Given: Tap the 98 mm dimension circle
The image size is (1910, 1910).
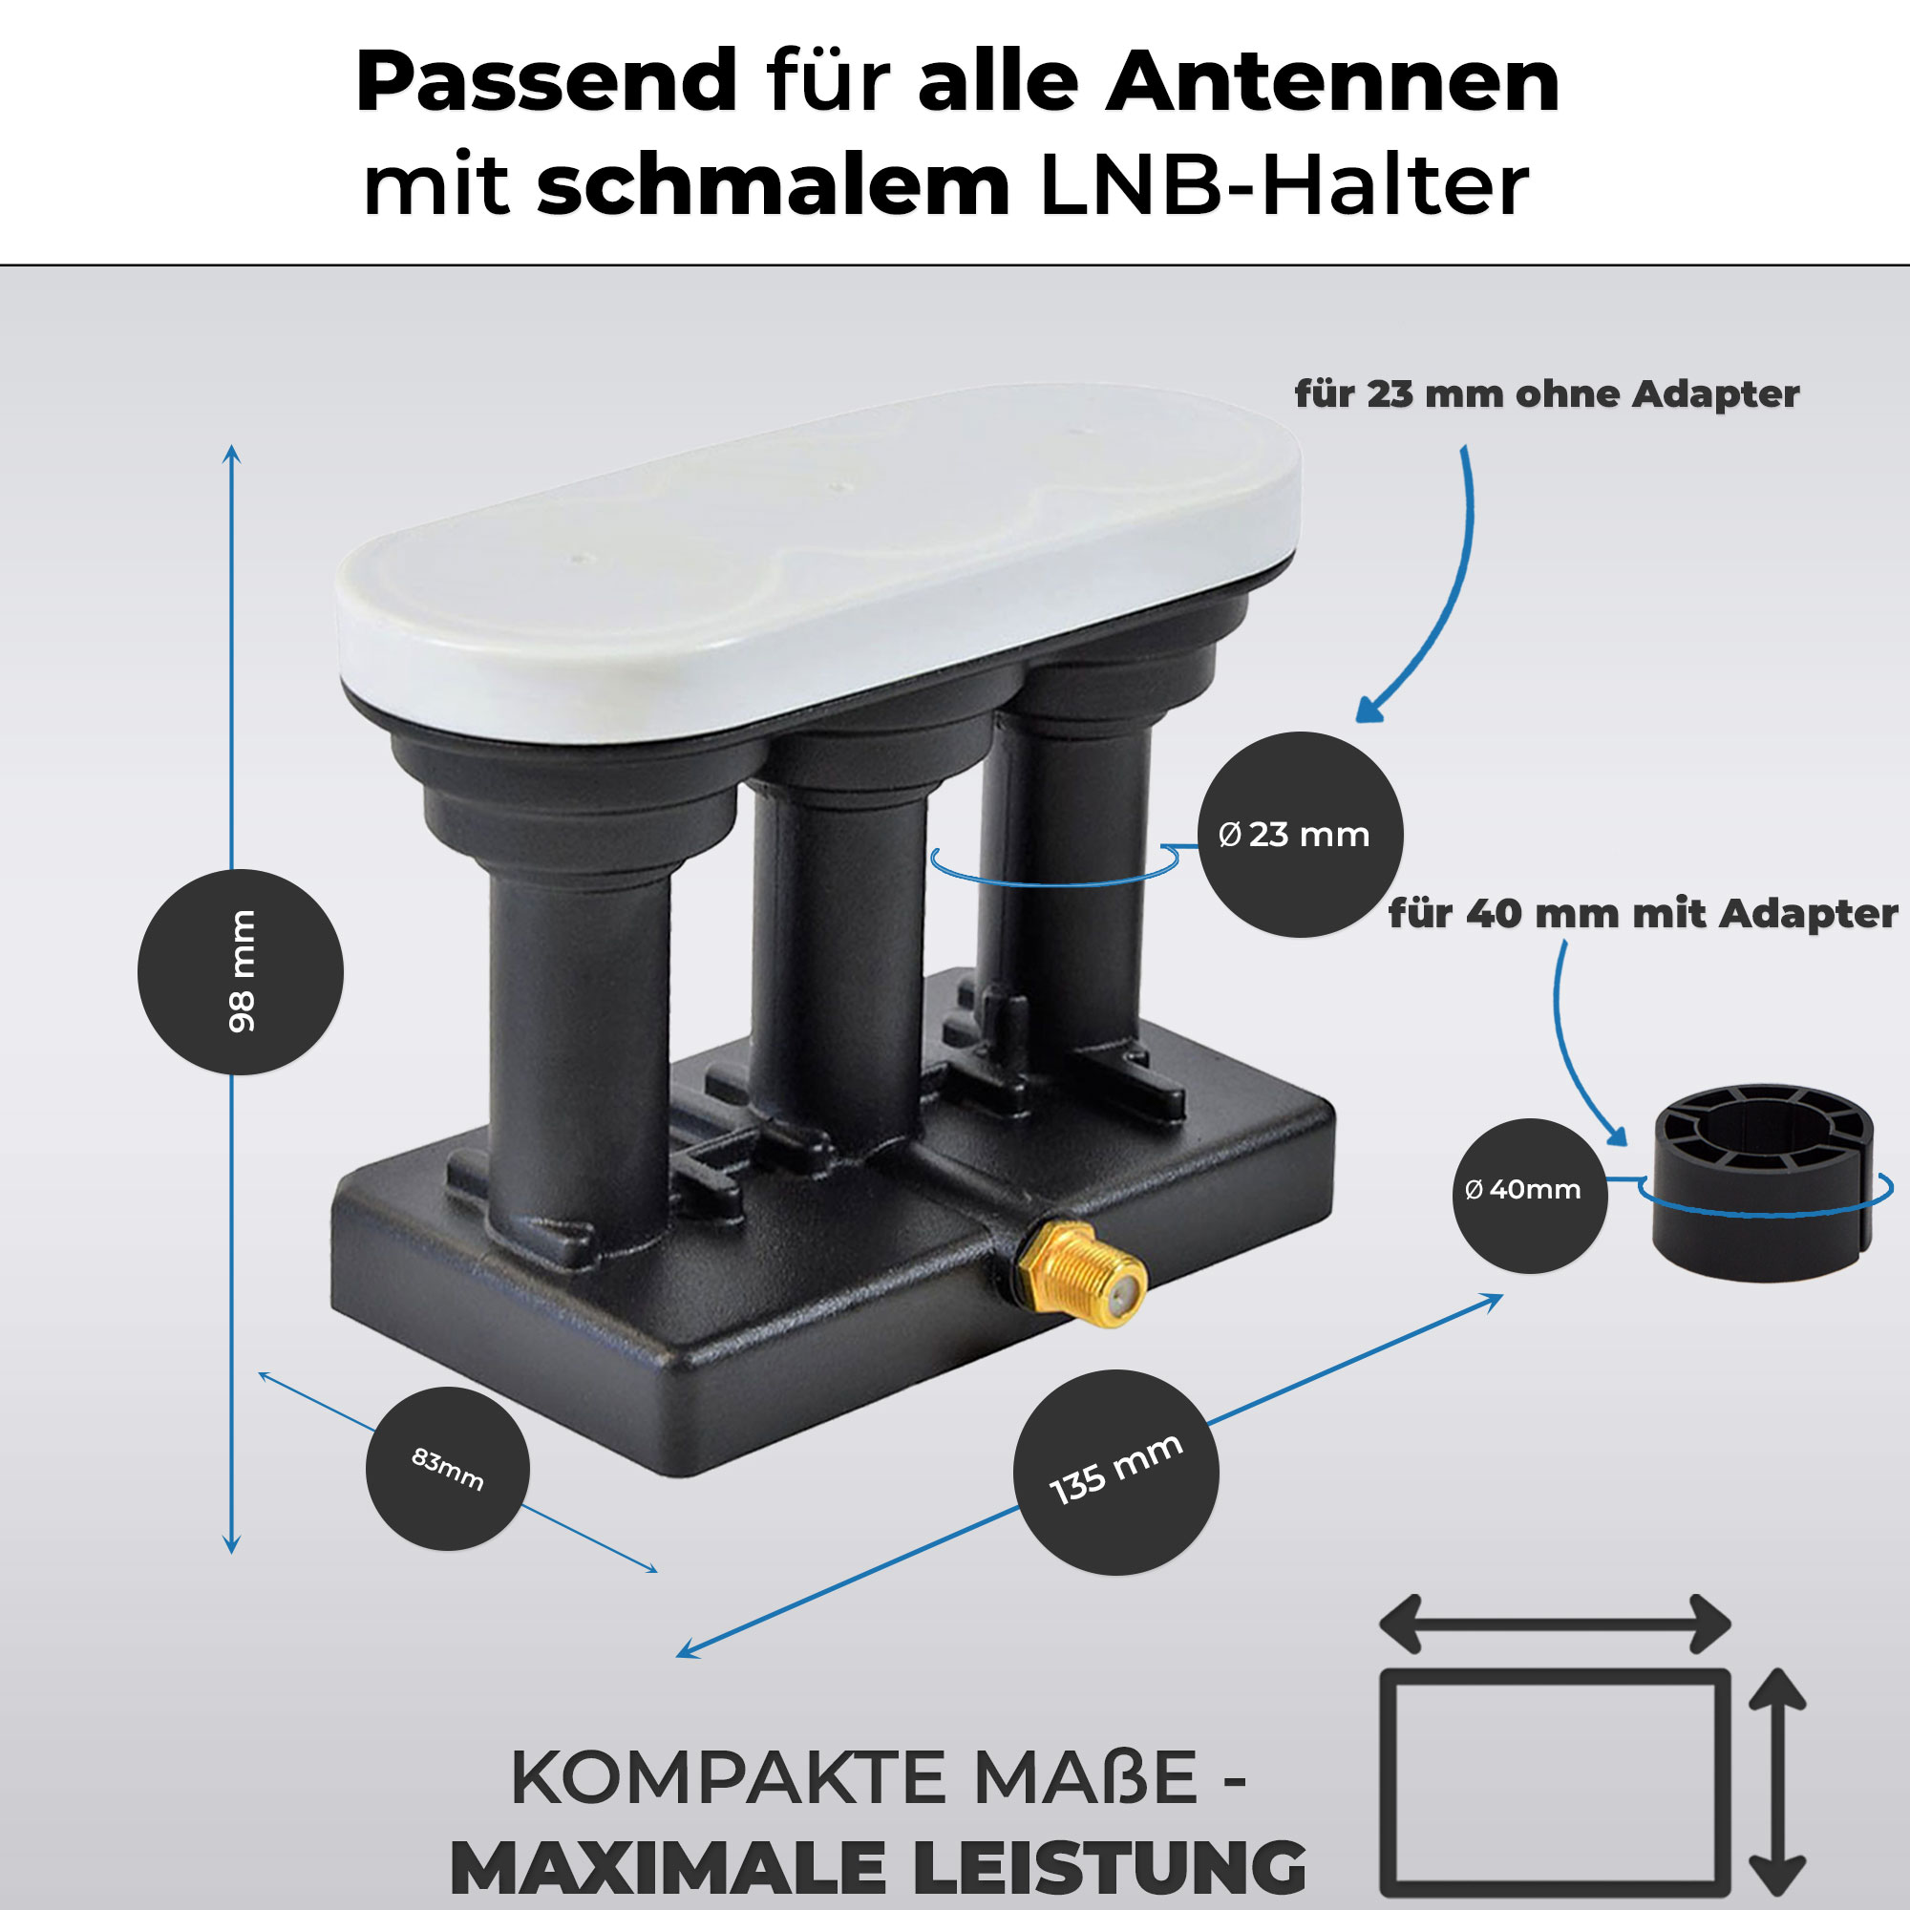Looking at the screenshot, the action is pyautogui.click(x=241, y=972).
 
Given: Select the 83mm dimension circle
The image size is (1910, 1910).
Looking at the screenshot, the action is pyautogui.click(x=448, y=1468).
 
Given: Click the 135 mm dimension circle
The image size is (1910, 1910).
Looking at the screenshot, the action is pyautogui.click(x=1116, y=1472).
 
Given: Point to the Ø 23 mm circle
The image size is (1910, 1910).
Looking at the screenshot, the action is pyautogui.click(x=1300, y=835).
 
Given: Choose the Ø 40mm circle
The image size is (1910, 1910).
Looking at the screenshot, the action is pyautogui.click(x=1529, y=1196).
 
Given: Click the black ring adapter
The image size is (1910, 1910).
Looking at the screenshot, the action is pyautogui.click(x=1764, y=1182).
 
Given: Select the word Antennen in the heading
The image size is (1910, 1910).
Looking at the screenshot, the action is pyautogui.click(x=1332, y=81).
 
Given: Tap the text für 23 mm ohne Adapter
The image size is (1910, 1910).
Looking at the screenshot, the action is pyautogui.click(x=1547, y=393).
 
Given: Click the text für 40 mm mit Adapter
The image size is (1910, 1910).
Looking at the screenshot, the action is pyautogui.click(x=1643, y=912).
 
